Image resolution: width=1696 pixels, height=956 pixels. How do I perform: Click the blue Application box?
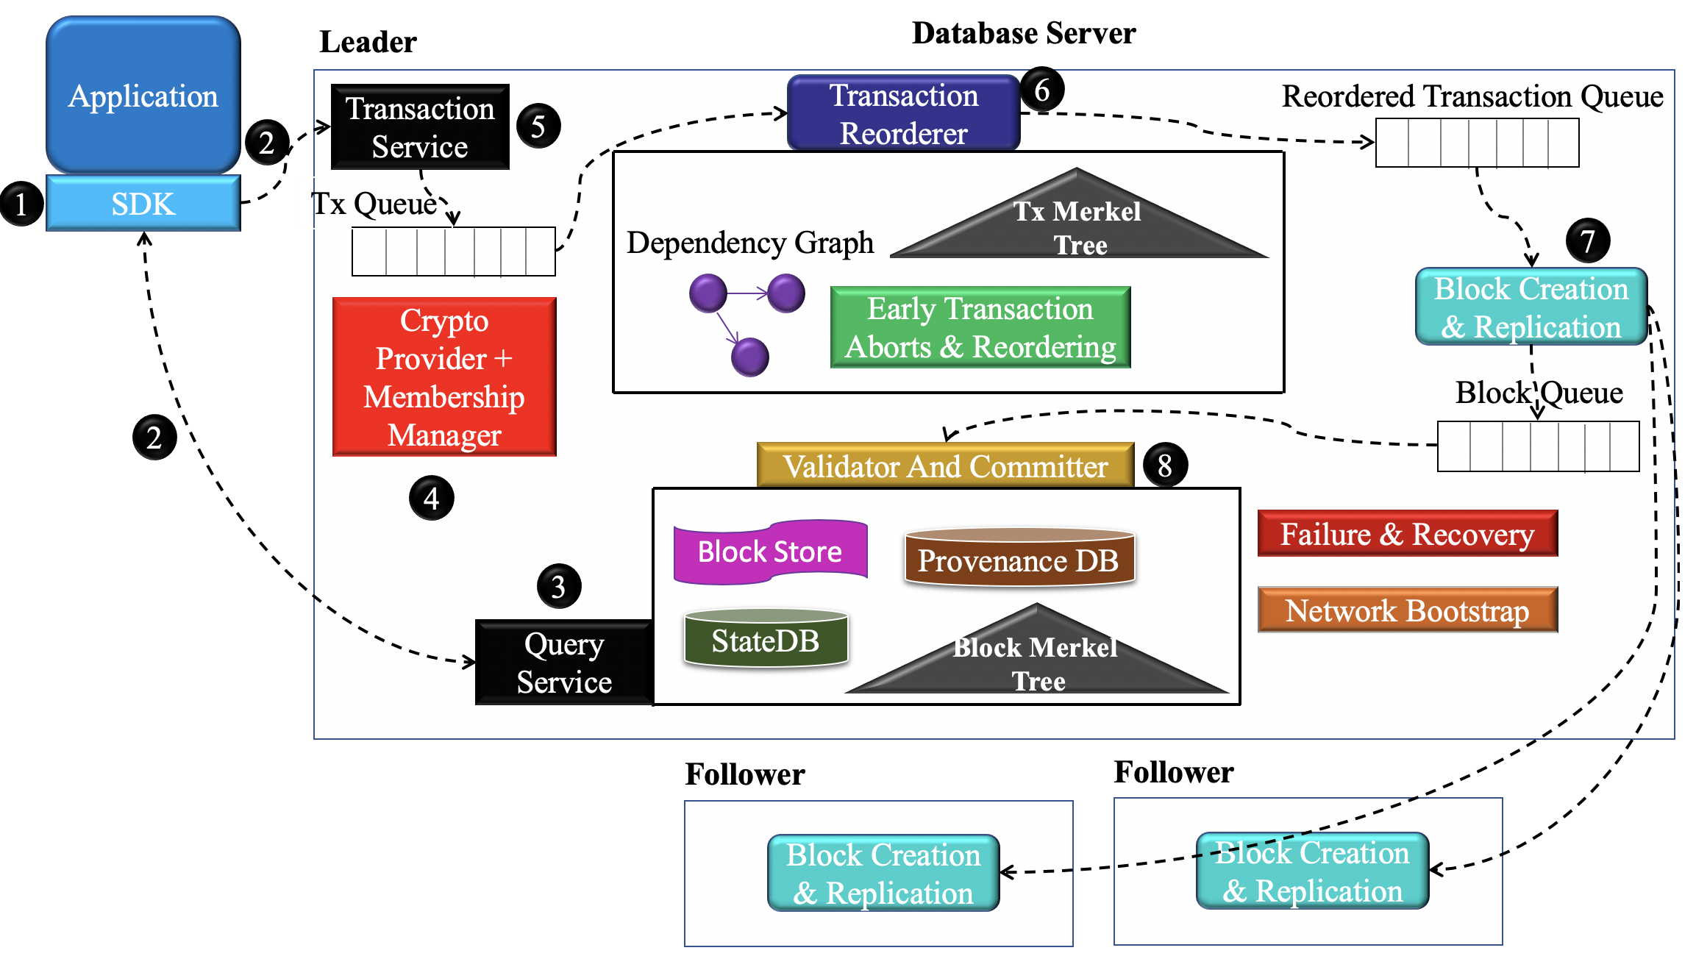(143, 96)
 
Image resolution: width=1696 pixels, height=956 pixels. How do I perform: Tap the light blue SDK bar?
(143, 204)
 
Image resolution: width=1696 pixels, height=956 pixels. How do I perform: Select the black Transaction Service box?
(420, 127)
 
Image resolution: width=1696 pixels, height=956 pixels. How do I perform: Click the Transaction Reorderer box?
(903, 114)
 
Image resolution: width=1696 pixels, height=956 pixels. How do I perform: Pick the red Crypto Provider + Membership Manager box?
(444, 377)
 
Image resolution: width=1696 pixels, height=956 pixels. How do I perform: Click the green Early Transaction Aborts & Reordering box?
(980, 328)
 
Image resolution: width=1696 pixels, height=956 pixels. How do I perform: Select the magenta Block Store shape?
(770, 552)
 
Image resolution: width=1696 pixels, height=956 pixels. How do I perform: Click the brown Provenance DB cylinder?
(1019, 559)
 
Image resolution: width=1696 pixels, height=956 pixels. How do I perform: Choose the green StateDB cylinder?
(766, 639)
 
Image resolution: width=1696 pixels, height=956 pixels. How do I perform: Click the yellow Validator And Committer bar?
(945, 465)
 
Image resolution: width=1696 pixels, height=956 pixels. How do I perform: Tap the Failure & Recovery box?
(1407, 534)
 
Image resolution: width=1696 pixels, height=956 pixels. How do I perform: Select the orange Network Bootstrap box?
(1407, 610)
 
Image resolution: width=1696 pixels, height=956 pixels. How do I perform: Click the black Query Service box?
(564, 663)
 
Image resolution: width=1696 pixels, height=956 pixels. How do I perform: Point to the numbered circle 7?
(1587, 240)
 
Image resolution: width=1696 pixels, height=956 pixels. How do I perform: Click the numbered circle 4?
(431, 499)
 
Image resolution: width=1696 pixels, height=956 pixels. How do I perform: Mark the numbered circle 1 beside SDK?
(21, 204)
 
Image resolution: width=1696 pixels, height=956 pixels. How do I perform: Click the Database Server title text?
(1023, 33)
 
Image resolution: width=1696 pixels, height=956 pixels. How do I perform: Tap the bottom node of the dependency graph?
(749, 357)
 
